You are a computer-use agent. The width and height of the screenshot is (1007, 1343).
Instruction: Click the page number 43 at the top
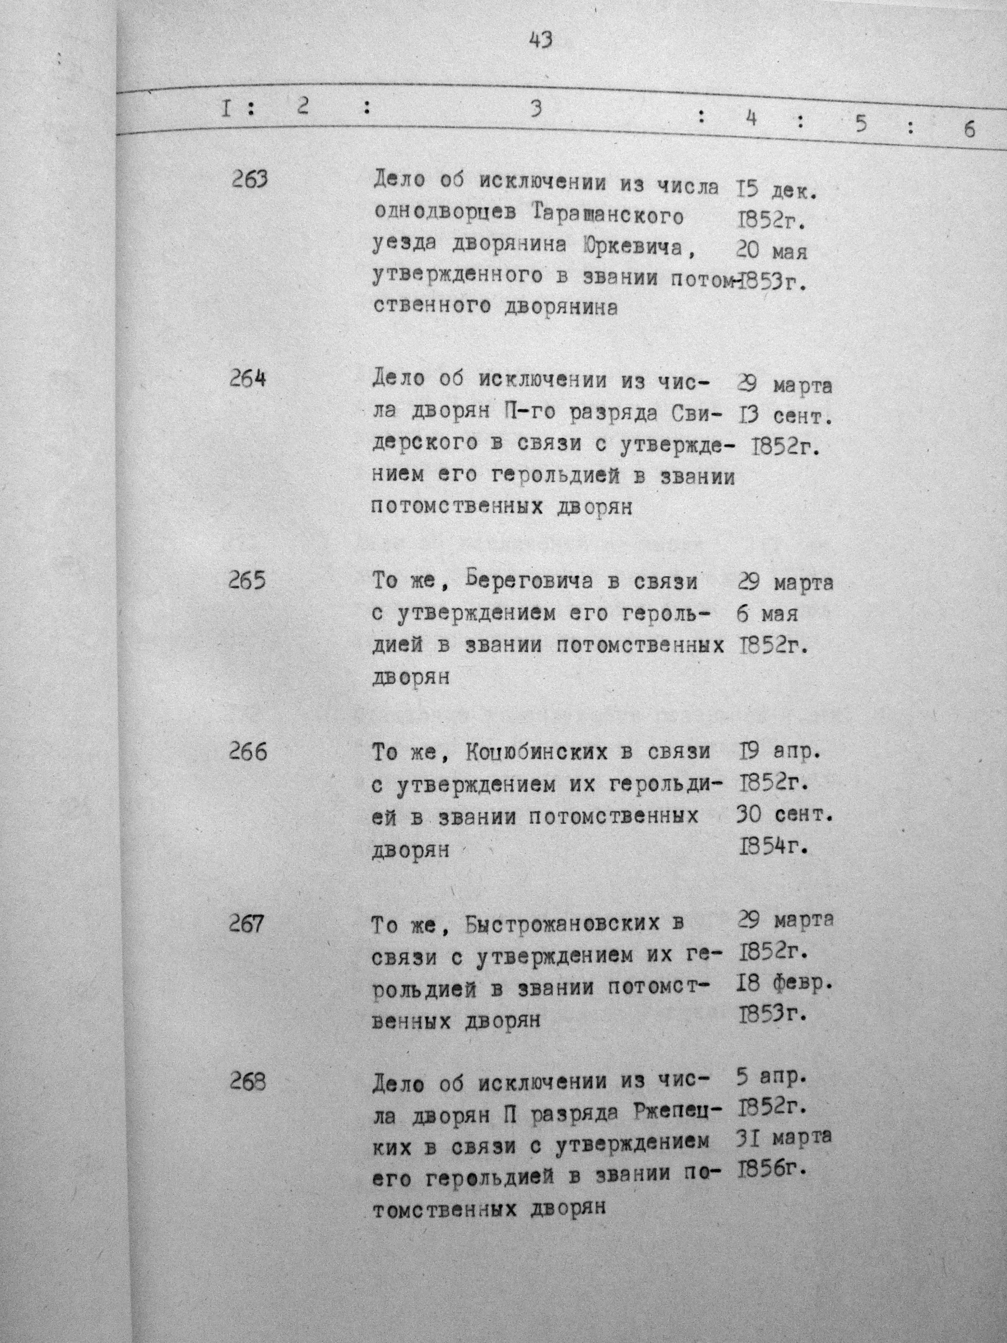click(540, 39)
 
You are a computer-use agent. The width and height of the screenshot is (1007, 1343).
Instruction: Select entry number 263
click(250, 180)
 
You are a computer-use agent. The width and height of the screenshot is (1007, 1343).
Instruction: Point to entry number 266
click(248, 752)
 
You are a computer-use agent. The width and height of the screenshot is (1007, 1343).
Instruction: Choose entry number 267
click(247, 924)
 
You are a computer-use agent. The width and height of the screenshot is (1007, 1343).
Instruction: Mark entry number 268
click(248, 1081)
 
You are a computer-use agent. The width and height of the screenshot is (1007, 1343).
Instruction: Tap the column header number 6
click(969, 130)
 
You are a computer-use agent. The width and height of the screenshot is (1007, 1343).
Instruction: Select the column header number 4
click(751, 119)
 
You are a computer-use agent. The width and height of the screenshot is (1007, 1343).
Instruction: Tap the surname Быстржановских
click(554, 924)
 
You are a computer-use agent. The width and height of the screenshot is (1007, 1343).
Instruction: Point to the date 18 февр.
click(785, 983)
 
